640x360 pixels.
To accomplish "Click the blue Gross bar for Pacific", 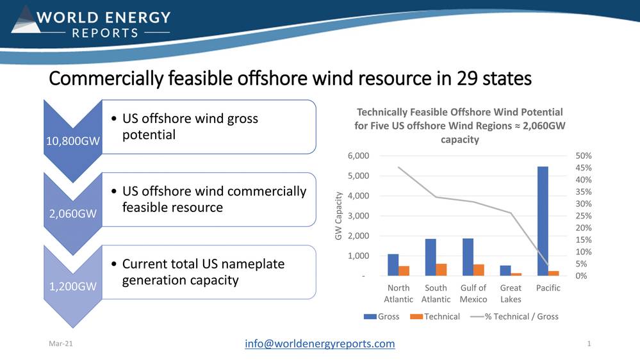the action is coord(543,221).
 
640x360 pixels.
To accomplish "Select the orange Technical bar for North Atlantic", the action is coord(404,271).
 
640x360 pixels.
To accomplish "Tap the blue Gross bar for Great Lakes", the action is coord(505,270).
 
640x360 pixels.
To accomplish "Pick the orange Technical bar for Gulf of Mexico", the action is coord(479,270).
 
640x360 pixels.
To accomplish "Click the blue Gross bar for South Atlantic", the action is coord(431,258).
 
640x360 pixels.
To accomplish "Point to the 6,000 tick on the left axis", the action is coord(358,156).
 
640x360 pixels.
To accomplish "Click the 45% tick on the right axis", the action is coord(583,168).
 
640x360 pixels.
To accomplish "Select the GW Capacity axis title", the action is coord(338,216).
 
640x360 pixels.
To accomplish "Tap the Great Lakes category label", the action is coord(511,293).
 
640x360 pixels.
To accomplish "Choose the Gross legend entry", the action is coord(382,316).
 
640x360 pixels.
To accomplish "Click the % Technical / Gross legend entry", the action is coord(514,316).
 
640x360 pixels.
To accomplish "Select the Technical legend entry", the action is coord(435,316).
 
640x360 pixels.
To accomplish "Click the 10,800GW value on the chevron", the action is coord(72,141).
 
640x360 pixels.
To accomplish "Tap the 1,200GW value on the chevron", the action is coord(72,286).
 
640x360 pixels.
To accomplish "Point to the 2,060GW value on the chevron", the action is coord(72,213).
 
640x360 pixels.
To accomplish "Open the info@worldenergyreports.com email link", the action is coord(320,344).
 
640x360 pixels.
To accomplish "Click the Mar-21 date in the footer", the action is coord(61,344).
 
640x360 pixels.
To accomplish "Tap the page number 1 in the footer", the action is coord(589,344).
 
